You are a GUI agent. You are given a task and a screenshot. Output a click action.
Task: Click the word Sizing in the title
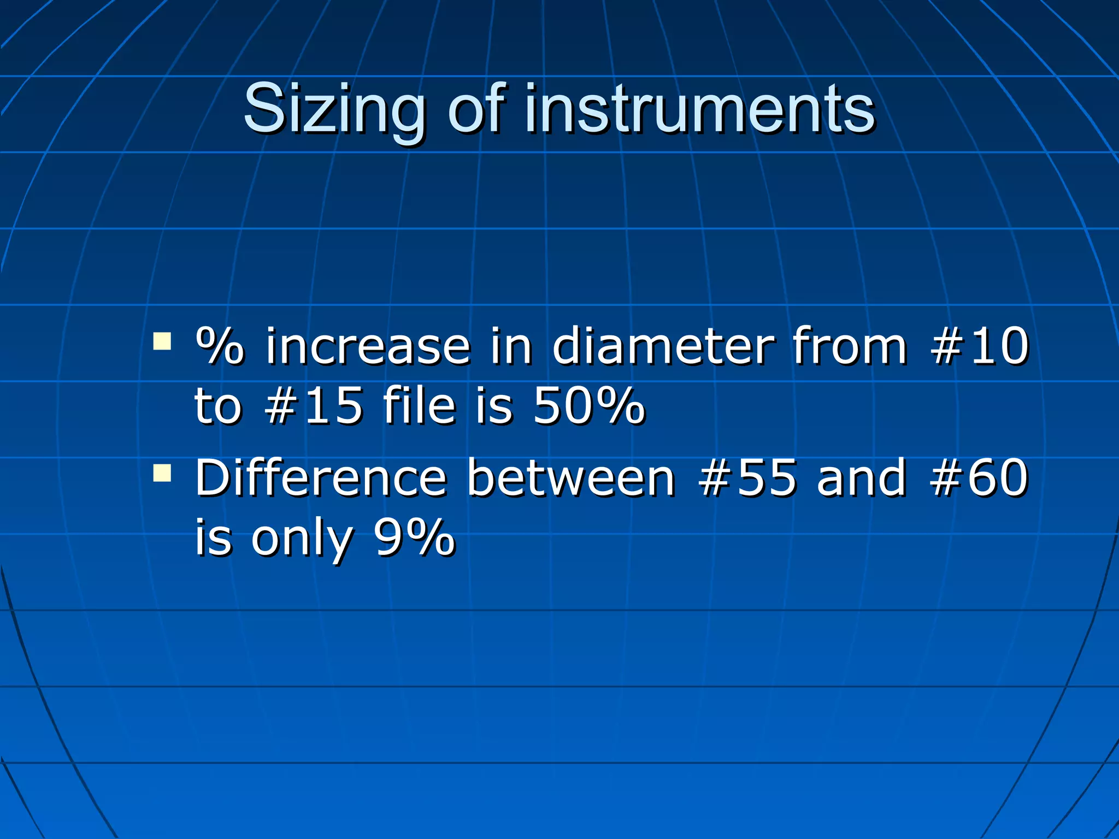[334, 109]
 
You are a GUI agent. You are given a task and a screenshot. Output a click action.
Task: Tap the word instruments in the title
[700, 109]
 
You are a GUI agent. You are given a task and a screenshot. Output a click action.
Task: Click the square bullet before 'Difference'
[162, 473]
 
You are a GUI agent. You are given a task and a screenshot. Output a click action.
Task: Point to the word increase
[368, 346]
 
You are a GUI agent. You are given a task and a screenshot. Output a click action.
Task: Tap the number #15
[314, 405]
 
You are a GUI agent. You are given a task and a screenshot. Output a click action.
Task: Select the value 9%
[414, 537]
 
